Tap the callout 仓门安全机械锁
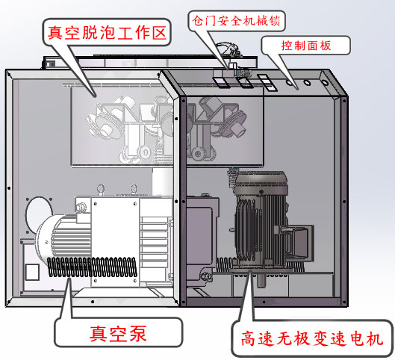coord(238,18)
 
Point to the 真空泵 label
coord(118,332)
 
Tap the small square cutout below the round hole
coord(31,270)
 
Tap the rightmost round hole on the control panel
coord(322,77)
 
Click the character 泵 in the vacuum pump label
coord(139,332)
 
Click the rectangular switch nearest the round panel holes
coord(264,81)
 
